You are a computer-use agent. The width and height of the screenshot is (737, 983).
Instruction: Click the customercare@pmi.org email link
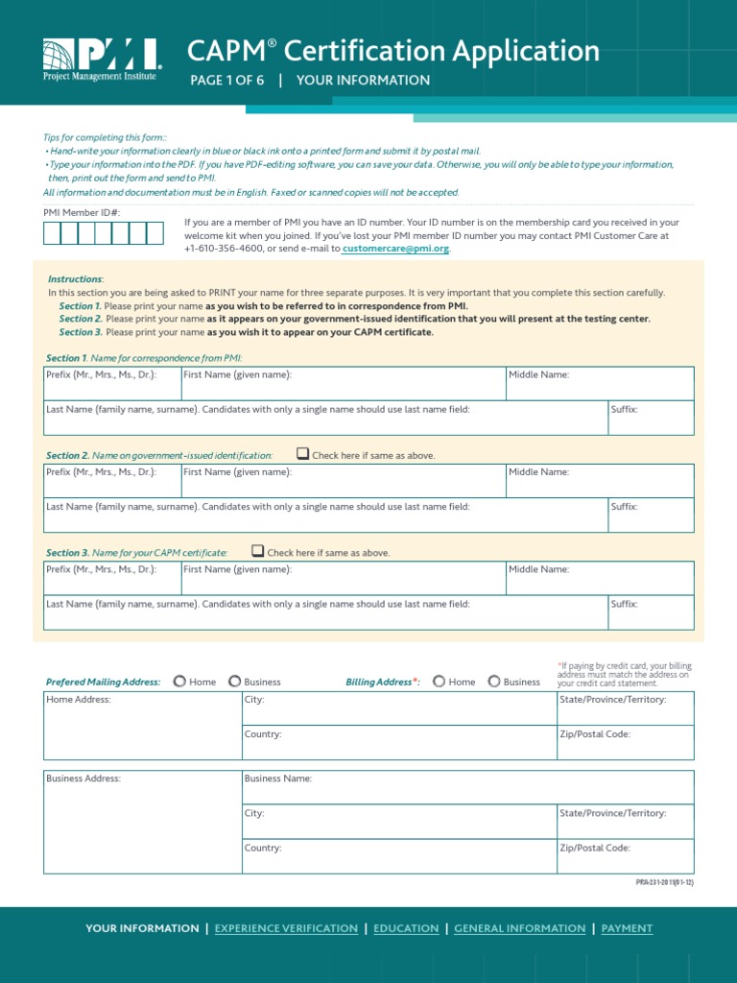[x=395, y=249]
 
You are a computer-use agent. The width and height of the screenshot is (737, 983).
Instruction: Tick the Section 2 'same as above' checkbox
[x=303, y=454]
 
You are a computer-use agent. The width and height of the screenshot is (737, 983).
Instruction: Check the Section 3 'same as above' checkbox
[x=257, y=551]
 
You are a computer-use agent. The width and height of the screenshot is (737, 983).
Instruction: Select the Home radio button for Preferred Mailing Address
[x=179, y=682]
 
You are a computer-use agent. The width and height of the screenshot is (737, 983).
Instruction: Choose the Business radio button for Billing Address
[x=494, y=682]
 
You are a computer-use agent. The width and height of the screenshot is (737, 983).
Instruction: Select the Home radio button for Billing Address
[x=439, y=682]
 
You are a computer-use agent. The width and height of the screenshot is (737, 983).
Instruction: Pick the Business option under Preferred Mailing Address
[x=234, y=682]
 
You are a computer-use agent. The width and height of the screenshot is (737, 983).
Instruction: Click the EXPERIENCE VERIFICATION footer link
[x=286, y=928]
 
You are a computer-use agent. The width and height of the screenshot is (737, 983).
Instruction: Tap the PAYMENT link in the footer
[x=627, y=928]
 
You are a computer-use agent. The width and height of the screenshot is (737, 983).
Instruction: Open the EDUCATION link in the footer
[x=406, y=928]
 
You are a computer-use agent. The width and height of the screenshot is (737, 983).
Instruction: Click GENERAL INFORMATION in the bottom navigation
[x=519, y=928]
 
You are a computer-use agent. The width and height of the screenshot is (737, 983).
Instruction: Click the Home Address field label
[x=79, y=700]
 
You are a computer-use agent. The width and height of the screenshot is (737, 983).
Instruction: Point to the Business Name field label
[x=278, y=779]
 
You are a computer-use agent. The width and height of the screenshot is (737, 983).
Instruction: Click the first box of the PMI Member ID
[x=52, y=232]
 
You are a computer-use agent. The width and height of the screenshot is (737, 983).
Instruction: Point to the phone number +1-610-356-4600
[x=226, y=249]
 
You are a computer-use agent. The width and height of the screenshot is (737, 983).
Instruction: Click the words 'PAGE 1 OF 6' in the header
[x=227, y=81]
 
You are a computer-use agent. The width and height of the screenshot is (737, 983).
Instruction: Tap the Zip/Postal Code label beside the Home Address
[x=595, y=734]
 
